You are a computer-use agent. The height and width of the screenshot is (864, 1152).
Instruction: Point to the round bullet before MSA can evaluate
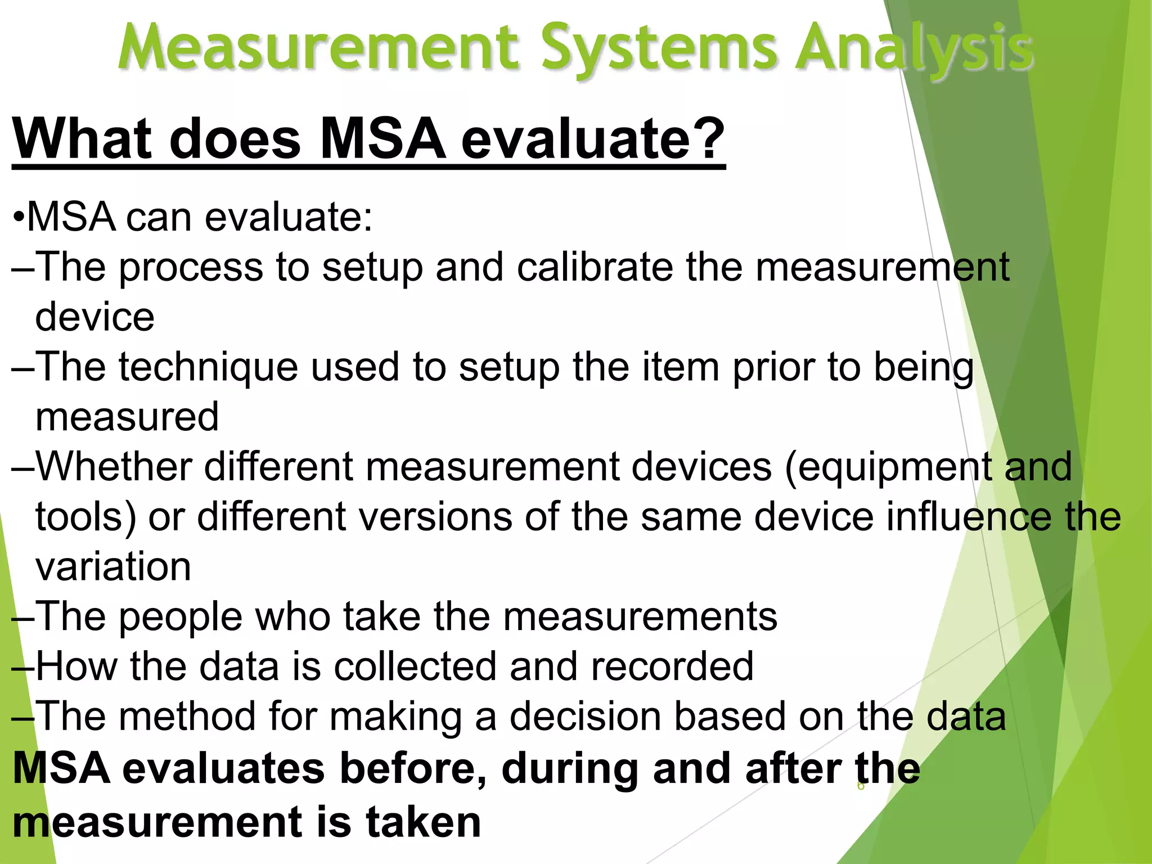point(19,218)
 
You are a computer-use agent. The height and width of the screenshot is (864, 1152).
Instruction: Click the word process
point(191,268)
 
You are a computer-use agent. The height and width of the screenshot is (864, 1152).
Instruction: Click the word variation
point(113,566)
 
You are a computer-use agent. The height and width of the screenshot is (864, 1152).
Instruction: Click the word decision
point(586,717)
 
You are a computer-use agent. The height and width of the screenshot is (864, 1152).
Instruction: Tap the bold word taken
point(423,822)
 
